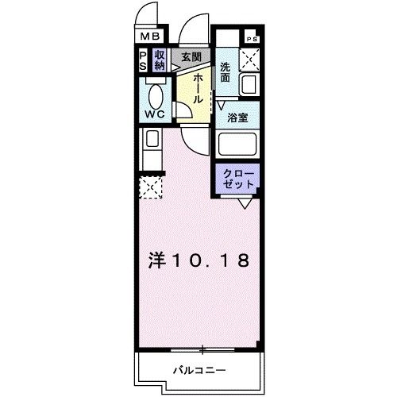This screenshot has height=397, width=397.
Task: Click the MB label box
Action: [151, 36]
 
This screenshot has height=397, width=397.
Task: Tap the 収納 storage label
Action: [159, 60]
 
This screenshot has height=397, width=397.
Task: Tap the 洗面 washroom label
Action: [225, 72]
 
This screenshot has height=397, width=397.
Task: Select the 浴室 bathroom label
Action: [237, 118]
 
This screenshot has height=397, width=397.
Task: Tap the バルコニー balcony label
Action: [198, 369]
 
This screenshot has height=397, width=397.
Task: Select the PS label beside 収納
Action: [142, 60]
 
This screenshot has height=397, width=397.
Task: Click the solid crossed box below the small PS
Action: [251, 57]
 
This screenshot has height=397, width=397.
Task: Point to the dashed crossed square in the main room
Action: [150, 188]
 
